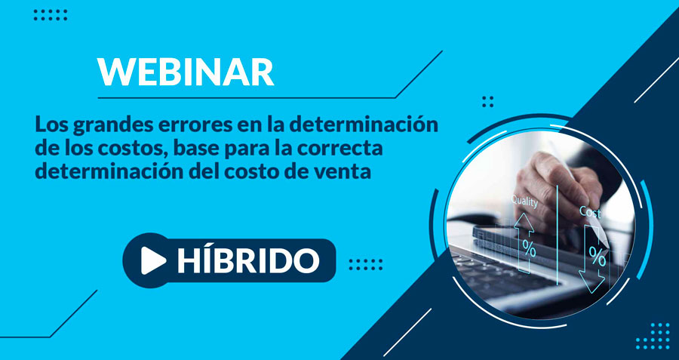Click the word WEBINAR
click(x=186, y=72)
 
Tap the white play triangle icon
click(x=152, y=261)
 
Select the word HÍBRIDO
click(x=248, y=260)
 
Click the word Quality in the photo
click(x=524, y=202)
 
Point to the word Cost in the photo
click(x=590, y=212)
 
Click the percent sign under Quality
click(x=529, y=248)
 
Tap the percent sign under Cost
click(x=598, y=258)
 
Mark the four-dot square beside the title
click(x=487, y=102)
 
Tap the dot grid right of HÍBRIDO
click(x=365, y=264)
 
